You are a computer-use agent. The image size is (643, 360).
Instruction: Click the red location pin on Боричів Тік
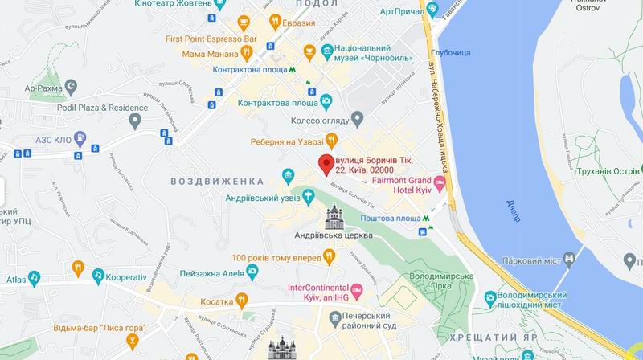[326, 164]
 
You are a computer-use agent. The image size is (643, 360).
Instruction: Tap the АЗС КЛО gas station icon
[80, 137]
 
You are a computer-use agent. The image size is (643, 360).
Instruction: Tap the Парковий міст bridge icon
[570, 257]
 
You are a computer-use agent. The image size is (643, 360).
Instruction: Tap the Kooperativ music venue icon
[97, 276]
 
